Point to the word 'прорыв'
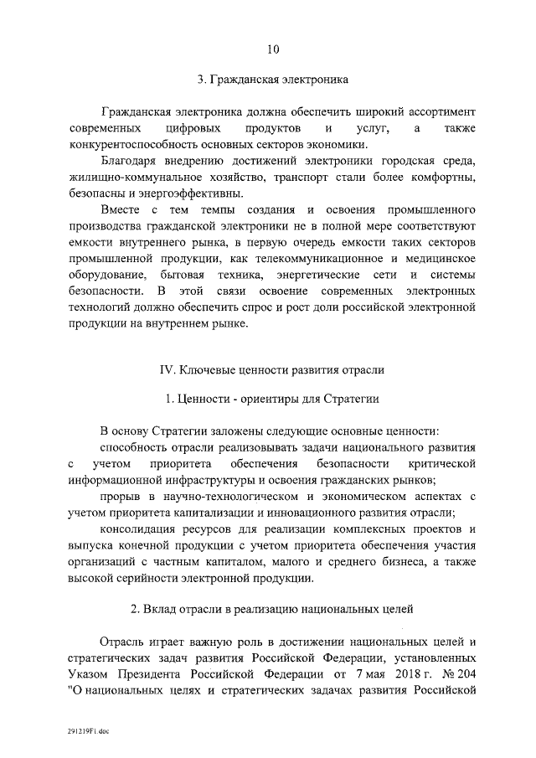119,496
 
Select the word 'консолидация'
139,529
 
